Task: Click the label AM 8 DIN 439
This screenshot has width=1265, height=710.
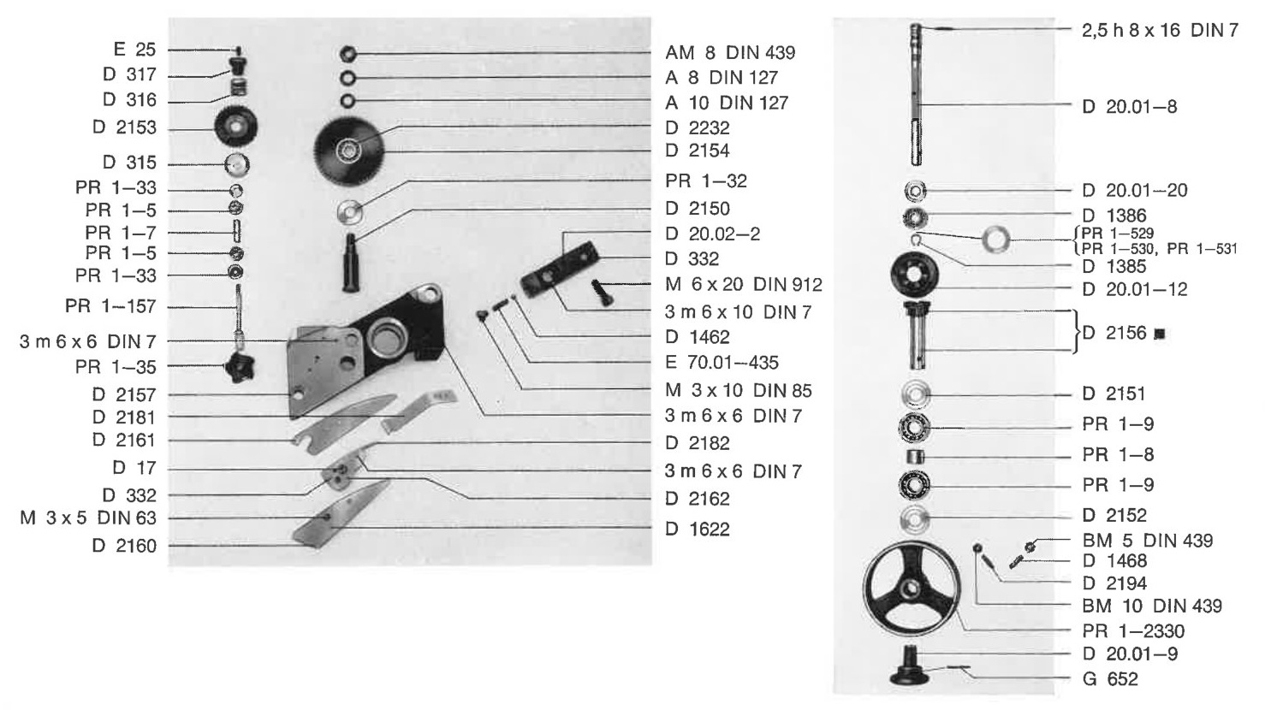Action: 729,52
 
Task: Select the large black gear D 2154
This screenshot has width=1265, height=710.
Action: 349,151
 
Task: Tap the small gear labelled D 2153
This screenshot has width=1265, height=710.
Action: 236,127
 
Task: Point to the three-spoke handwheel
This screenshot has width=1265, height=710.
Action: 911,589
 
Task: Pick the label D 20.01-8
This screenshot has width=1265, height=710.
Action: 1130,107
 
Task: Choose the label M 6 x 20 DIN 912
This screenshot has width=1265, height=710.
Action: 743,284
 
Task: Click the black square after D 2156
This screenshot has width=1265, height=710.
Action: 1160,334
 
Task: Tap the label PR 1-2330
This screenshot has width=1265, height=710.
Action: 1133,630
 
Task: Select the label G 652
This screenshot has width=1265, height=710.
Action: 1110,678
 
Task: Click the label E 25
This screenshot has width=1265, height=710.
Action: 134,50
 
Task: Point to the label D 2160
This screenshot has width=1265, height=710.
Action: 124,546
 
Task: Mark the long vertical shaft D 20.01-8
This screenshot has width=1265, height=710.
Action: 917,94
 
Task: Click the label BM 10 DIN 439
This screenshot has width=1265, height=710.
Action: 1152,606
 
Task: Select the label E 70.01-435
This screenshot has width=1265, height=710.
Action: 722,362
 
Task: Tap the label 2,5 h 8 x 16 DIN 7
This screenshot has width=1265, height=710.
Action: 1160,30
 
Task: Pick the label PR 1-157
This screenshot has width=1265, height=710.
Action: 110,306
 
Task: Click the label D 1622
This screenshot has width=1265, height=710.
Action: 698,529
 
